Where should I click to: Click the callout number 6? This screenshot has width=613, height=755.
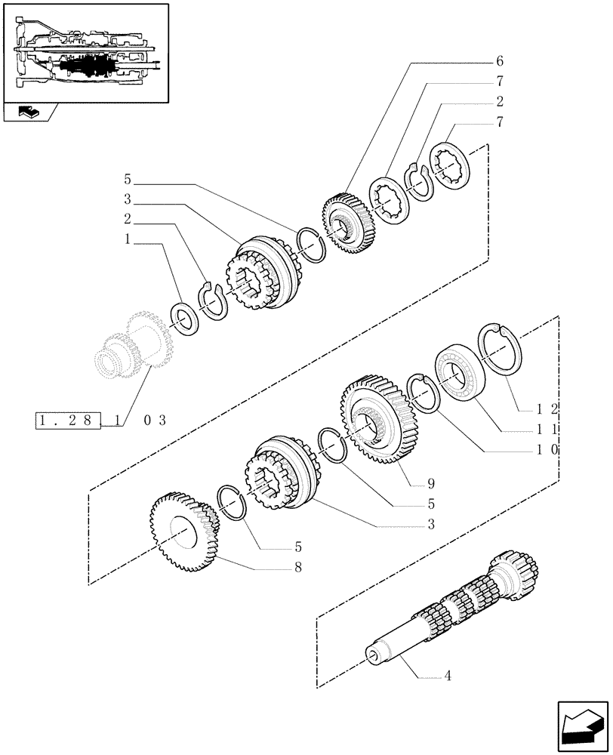500,61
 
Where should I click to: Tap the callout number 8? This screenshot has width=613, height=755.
297,567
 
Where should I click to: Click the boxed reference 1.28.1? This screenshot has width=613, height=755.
68,421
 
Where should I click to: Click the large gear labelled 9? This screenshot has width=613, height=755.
377,423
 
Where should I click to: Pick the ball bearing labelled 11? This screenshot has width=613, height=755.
461,372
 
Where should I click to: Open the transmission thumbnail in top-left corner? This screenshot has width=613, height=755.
85,53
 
